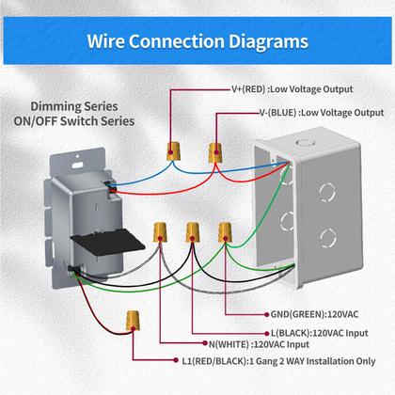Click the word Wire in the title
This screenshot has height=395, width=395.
[x=111, y=41]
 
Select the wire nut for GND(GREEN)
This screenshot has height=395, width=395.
[x=226, y=232]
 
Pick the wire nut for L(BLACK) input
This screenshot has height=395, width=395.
[x=193, y=230]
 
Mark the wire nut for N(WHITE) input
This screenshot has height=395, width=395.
[x=160, y=230]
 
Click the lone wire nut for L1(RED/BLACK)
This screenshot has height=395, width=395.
[x=133, y=323]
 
